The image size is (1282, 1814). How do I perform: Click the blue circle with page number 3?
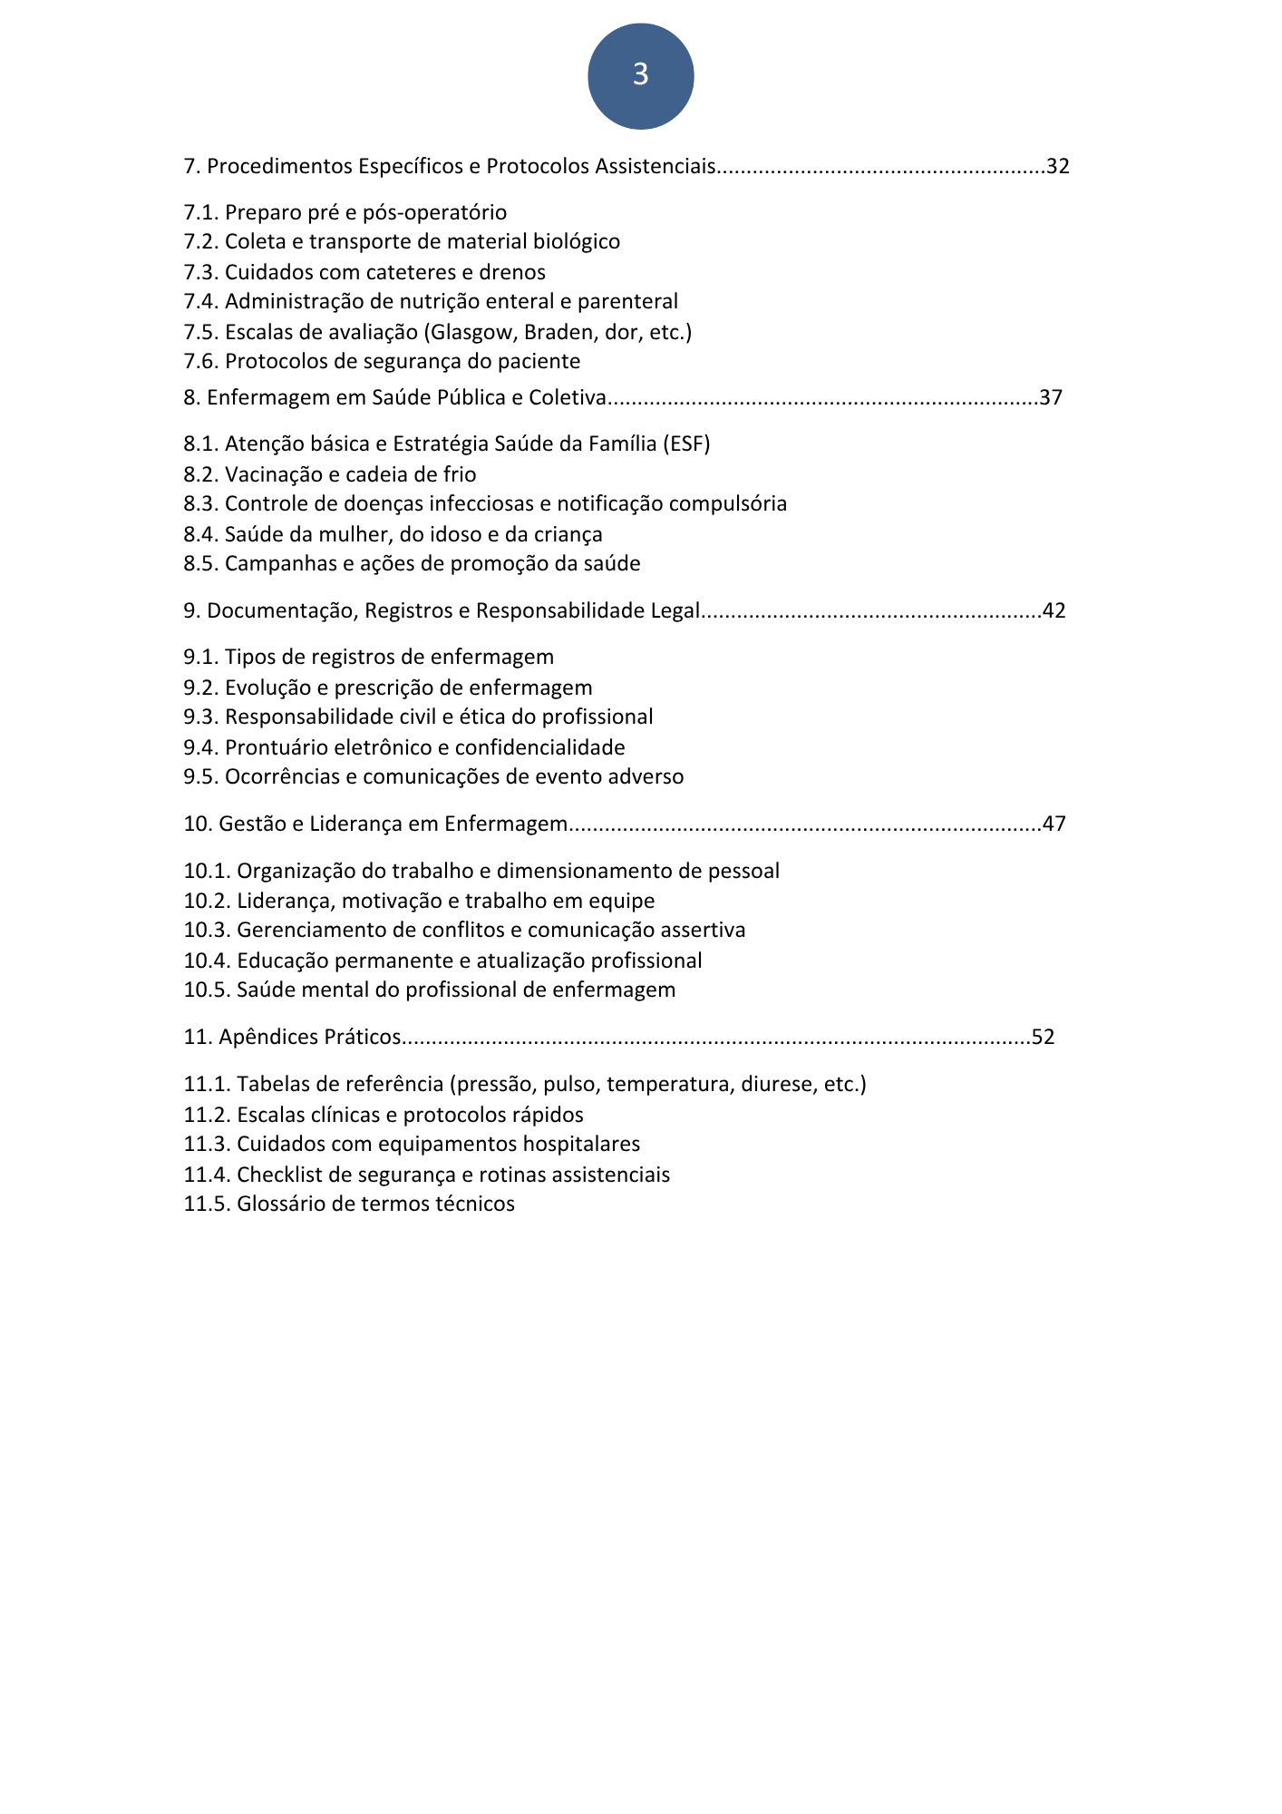640,75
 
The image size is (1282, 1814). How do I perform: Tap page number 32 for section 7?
1058,166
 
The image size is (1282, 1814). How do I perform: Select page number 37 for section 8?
1051,397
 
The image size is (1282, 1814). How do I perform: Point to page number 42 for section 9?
1054,610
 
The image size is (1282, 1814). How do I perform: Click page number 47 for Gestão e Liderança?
1054,824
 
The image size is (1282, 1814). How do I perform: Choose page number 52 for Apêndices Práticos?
1044,1037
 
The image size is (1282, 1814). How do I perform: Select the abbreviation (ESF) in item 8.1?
686,444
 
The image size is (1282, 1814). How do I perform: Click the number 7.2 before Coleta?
200,241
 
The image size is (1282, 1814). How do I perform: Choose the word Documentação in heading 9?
282,610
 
